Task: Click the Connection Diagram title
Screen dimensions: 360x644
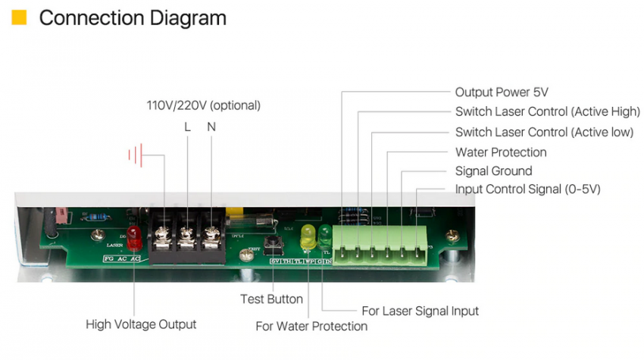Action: click(133, 17)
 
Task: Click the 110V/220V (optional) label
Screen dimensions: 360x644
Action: click(203, 105)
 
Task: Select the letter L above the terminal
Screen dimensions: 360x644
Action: click(188, 127)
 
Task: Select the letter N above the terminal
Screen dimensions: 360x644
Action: click(211, 127)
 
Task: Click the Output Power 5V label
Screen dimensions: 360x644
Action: click(501, 92)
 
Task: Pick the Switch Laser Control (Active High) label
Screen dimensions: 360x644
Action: click(547, 112)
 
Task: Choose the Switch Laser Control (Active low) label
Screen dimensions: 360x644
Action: click(543, 132)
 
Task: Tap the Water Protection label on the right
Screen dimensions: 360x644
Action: click(501, 152)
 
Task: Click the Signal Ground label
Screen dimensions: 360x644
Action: click(493, 171)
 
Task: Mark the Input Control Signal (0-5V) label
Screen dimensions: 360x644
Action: click(527, 189)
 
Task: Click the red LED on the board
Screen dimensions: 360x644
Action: click(134, 237)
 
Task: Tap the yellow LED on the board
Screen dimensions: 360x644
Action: click(308, 235)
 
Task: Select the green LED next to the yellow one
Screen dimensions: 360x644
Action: click(325, 233)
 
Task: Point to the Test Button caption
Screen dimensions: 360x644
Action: click(271, 299)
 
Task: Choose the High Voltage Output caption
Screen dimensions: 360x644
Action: click(141, 324)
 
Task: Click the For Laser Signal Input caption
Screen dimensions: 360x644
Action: click(420, 311)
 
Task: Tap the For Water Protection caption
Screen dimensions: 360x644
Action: click(311, 327)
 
